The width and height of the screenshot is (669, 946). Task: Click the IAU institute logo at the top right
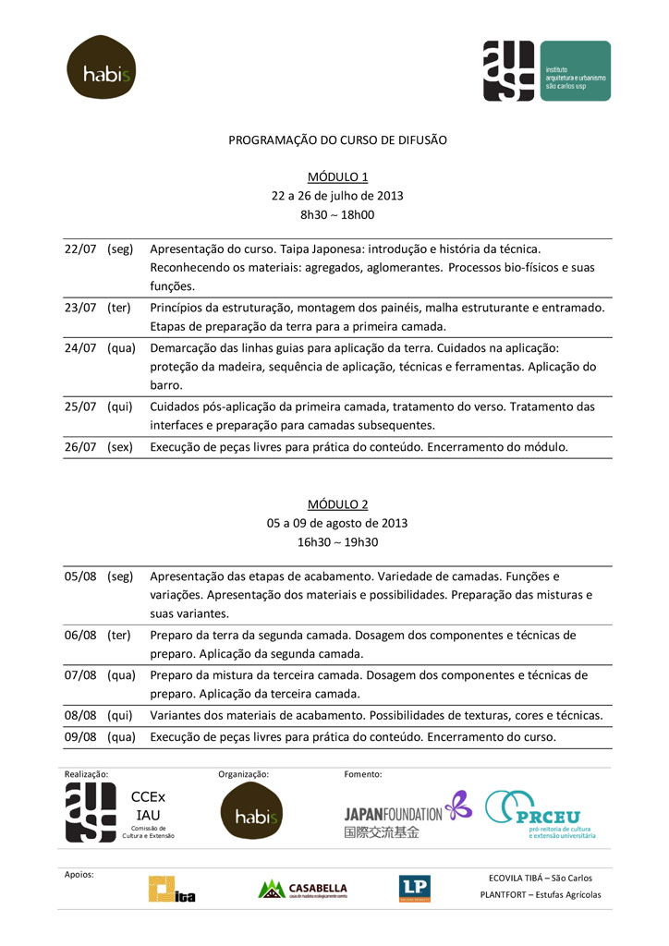546,71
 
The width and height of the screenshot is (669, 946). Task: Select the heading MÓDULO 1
337,176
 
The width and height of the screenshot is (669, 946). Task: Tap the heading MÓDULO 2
337,503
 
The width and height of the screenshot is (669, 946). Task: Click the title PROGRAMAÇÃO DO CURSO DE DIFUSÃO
337,139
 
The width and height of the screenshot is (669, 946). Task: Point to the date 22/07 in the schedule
80,249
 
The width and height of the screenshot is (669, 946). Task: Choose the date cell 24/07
80,348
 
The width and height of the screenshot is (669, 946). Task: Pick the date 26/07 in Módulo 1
80,447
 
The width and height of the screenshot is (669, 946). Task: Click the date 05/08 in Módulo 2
80,576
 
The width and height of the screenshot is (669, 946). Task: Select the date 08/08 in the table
80,715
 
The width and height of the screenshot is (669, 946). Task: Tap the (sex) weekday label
120,447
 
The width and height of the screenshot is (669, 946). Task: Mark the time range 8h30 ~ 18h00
337,214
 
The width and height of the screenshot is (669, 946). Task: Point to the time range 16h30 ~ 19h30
337,542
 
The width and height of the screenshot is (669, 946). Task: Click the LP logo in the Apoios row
414,889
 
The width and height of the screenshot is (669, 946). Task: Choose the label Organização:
243,774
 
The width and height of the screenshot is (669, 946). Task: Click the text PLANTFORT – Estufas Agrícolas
541,894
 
